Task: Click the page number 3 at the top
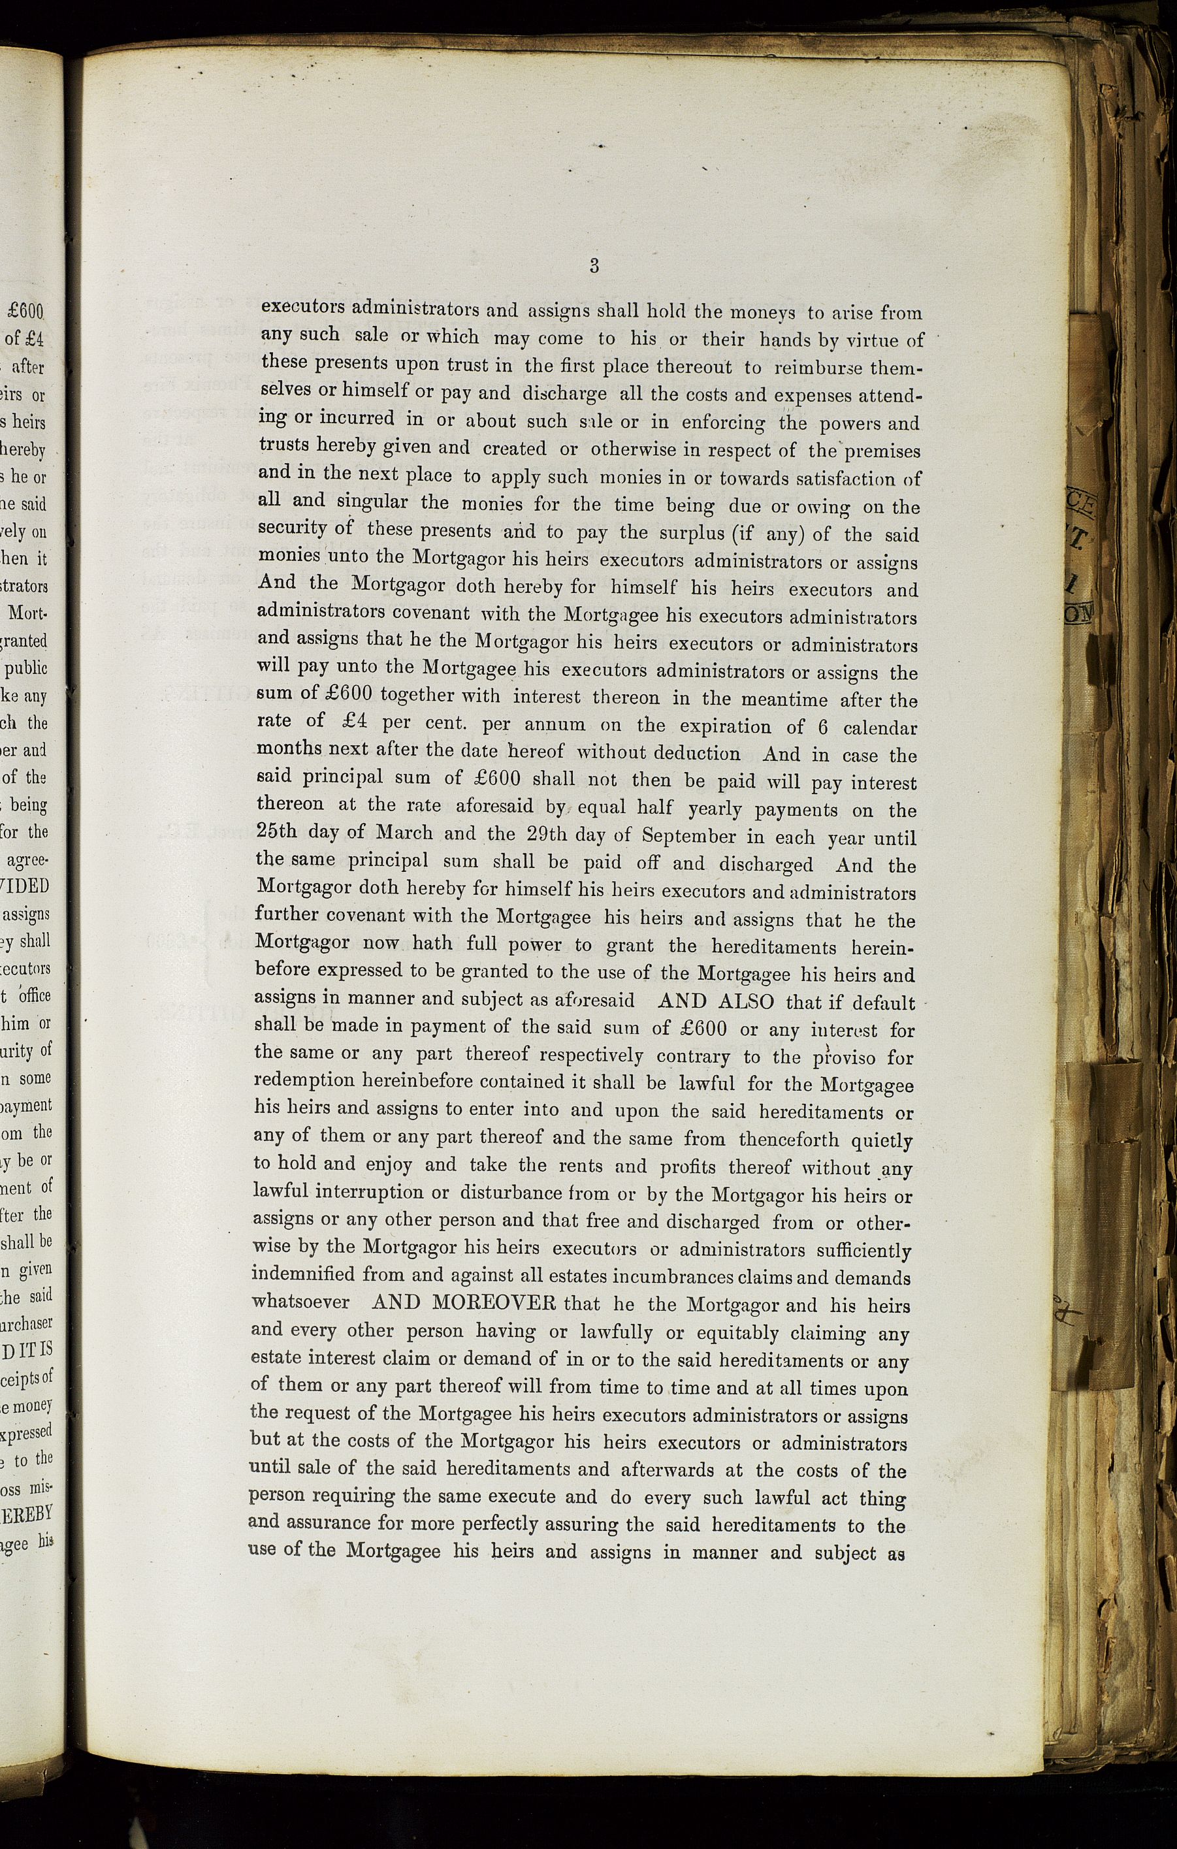[x=594, y=266]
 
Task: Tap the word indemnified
[x=303, y=1275]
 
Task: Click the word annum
[x=555, y=725]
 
